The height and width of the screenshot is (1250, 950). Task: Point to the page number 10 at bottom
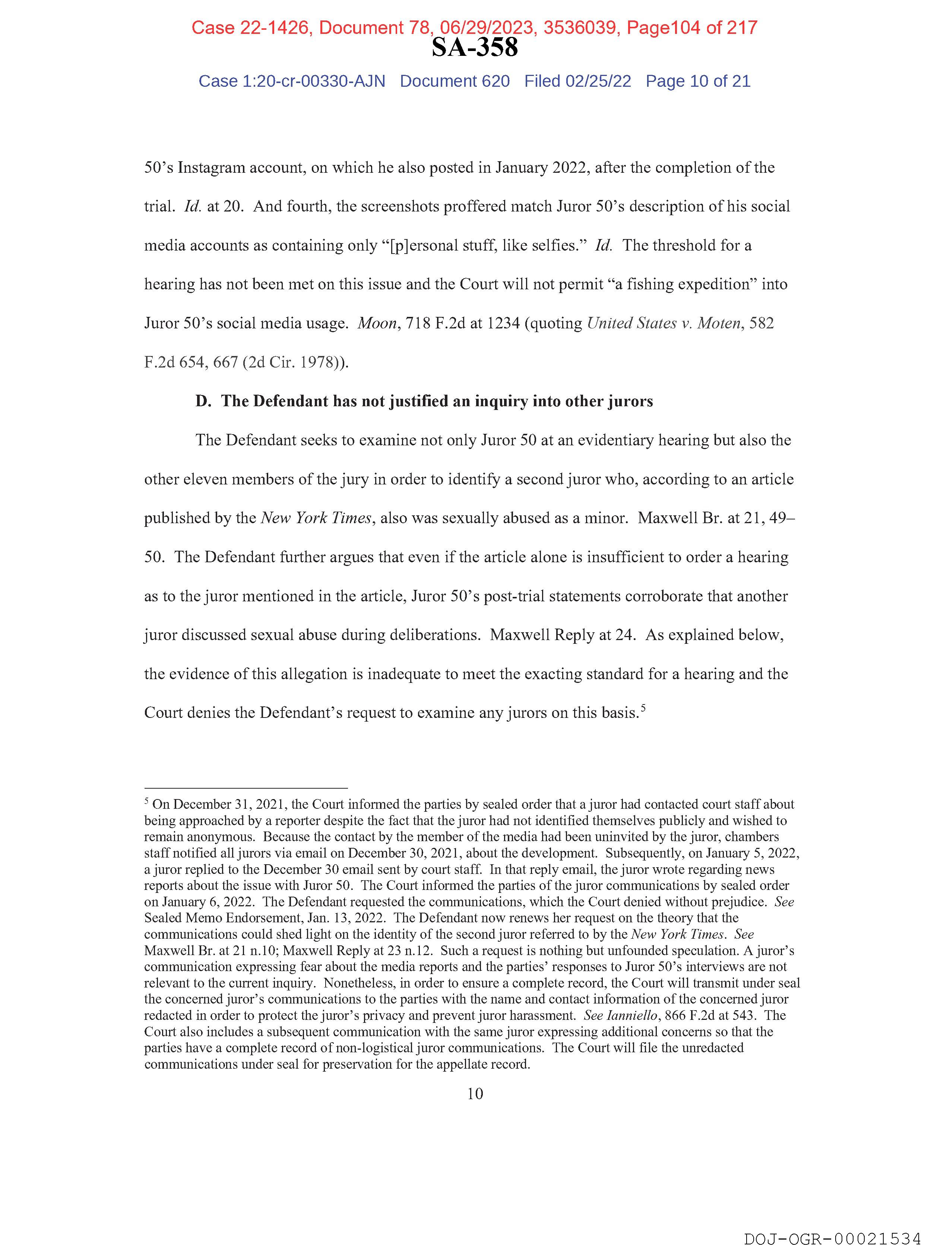click(x=475, y=1094)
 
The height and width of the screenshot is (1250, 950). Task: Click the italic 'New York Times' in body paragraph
click(x=316, y=518)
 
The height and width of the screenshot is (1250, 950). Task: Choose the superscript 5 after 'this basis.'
click(x=643, y=707)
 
